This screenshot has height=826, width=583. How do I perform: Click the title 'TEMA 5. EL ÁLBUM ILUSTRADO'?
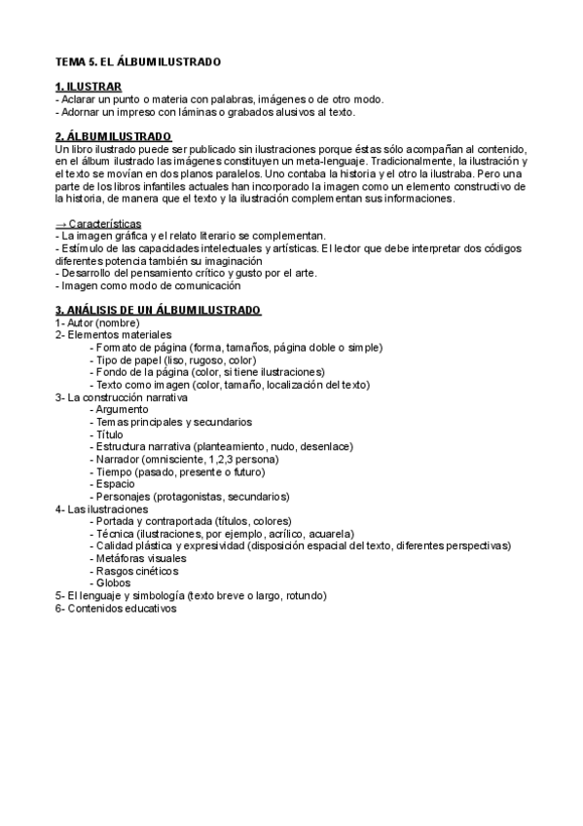pos(138,61)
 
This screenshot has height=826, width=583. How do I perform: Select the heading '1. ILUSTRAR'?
pos(89,87)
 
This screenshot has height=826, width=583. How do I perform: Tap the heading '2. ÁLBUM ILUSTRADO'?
pos(114,135)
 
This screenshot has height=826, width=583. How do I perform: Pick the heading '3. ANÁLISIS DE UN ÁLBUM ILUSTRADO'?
pos(158,310)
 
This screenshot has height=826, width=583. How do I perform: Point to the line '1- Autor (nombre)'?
pos(97,322)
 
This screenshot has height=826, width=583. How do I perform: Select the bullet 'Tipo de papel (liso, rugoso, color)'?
pos(175,360)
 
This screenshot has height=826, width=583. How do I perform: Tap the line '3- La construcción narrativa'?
pos(122,397)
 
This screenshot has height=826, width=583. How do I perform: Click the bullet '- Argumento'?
pos(119,410)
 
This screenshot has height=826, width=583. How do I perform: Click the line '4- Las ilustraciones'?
pos(102,509)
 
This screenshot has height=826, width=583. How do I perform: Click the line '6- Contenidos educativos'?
pos(116,608)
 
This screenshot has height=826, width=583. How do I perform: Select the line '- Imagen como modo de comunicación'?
pos(147,285)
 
